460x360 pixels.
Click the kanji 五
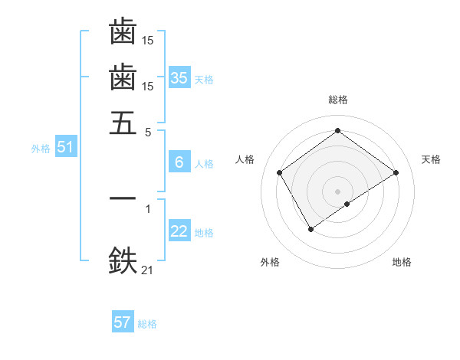tap(123, 123)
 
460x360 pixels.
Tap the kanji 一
tap(123, 198)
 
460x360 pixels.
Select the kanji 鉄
tap(123, 260)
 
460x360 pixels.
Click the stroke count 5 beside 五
tap(148, 131)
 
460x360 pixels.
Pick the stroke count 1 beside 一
tap(148, 208)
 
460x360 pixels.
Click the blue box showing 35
tap(179, 77)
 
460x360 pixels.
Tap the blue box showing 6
tap(179, 162)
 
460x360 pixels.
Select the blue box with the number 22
tap(179, 231)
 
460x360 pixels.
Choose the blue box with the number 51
tap(65, 147)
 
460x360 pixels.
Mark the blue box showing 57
tap(123, 322)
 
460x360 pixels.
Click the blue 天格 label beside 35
tap(204, 80)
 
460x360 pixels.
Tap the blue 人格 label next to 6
tap(204, 164)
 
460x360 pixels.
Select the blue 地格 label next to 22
tap(204, 233)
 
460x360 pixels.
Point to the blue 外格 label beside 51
tap(41, 149)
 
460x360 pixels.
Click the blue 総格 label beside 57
tap(147, 324)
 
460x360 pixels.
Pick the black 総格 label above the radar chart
tap(338, 100)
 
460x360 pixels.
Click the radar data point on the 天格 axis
tap(396, 172)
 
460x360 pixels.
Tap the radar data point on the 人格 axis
tap(279, 172)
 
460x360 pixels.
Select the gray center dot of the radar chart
tap(338, 191)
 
